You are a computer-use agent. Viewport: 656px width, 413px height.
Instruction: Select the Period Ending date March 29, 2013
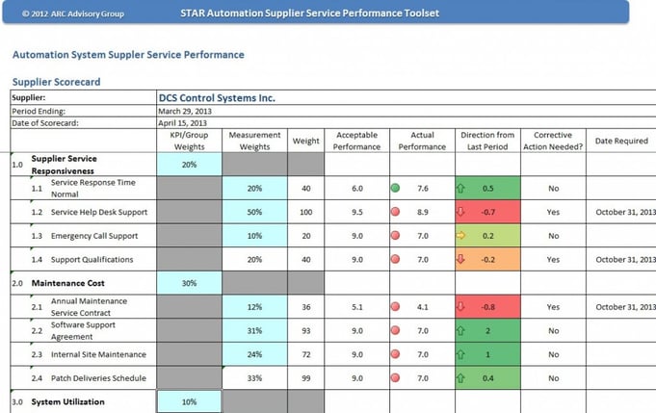pos(186,110)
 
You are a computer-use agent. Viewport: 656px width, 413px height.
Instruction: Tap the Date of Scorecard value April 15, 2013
pos(183,122)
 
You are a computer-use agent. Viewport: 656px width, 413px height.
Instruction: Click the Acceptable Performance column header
pos(355,141)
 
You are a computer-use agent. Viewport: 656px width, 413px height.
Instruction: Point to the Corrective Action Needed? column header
pos(553,141)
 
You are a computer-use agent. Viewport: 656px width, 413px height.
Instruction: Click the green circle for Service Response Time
pos(395,189)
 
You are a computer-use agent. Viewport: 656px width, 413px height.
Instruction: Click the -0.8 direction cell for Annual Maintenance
pos(487,307)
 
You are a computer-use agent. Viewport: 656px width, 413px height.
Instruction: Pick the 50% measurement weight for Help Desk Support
pos(254,212)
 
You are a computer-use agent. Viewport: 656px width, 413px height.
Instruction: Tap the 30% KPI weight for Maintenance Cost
pos(189,283)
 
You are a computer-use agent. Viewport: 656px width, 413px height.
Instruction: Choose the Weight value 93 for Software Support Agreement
pos(306,331)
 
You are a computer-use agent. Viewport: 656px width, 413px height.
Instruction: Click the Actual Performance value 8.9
pos(423,212)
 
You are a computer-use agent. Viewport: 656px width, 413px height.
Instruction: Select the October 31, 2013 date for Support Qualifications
pos(623,260)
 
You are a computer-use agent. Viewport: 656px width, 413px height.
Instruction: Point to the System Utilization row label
pos(67,401)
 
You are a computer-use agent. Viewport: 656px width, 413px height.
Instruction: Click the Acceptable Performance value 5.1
pos(356,307)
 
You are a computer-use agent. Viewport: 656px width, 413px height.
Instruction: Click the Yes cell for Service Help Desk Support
pos(553,212)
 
